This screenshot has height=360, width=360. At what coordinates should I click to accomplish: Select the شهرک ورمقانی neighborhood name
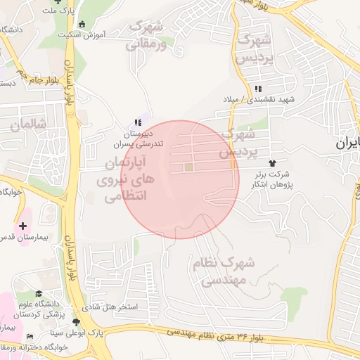coord(147,37)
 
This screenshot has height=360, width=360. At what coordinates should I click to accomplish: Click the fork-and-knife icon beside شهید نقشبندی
coord(258,89)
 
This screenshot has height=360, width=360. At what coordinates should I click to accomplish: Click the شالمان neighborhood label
coord(28,124)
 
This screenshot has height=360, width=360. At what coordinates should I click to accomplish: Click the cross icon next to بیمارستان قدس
coord(23,226)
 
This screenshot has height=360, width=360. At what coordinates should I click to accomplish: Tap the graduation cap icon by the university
coord(40,294)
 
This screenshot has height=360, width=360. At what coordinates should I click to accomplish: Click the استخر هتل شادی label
coord(111,308)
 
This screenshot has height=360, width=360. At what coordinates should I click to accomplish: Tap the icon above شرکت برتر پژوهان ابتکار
coord(283,163)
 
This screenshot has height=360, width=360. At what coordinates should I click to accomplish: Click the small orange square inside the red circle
coord(188,167)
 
